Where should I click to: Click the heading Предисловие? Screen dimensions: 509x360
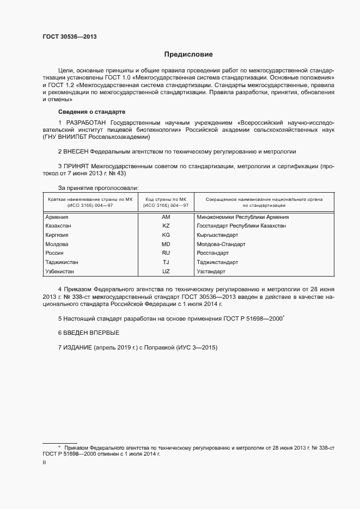[188, 54]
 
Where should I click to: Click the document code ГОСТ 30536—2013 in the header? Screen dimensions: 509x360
[70, 37]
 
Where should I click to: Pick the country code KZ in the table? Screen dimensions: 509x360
[166, 225]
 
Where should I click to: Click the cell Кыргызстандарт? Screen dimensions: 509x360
[217, 235]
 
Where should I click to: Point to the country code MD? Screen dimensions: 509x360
[166, 244]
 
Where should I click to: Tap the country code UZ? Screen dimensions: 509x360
[166, 271]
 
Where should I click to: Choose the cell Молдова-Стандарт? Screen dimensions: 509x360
[221, 244]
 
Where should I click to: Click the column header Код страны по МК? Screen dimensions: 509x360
[166, 200]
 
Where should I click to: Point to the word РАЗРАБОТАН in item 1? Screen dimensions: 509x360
[84, 122]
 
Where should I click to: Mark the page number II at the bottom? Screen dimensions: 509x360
[45, 462]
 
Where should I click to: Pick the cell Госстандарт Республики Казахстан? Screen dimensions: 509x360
[241, 225]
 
